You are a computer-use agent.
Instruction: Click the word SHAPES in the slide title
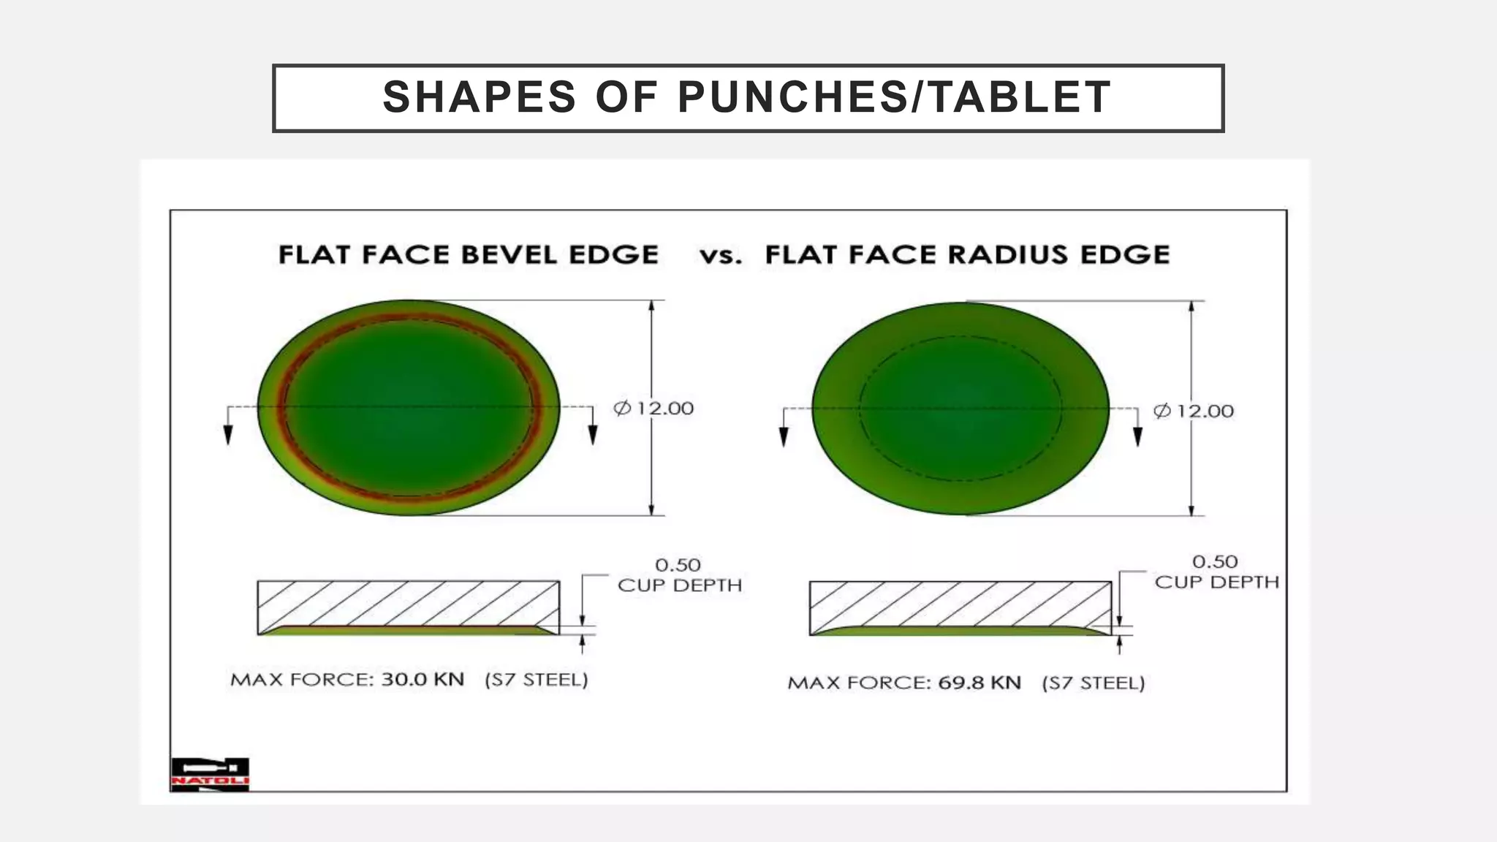(x=480, y=97)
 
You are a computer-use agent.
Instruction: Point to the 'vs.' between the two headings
(x=721, y=256)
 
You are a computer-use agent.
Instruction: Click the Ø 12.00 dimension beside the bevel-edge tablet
(x=653, y=408)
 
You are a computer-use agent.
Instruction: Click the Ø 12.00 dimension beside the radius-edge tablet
(x=1194, y=411)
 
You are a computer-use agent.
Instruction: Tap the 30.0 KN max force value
(x=422, y=680)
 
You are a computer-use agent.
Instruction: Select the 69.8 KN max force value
(x=979, y=683)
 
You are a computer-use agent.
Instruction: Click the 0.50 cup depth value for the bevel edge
(x=678, y=565)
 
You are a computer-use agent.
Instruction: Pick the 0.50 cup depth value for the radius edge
(x=1215, y=562)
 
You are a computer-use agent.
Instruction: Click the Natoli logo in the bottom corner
(x=210, y=774)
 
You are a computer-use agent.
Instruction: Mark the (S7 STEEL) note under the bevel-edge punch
(x=537, y=680)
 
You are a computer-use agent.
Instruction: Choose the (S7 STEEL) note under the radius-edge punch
(x=1094, y=683)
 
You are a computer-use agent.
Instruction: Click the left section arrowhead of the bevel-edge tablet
(x=228, y=435)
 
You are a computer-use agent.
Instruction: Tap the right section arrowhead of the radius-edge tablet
(x=1137, y=436)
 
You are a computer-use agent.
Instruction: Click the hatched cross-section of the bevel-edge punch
(x=408, y=603)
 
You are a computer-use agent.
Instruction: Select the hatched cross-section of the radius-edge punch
(x=960, y=604)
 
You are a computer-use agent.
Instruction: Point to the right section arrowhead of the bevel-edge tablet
(x=592, y=435)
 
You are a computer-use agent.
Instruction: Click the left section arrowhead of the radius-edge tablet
(x=784, y=436)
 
